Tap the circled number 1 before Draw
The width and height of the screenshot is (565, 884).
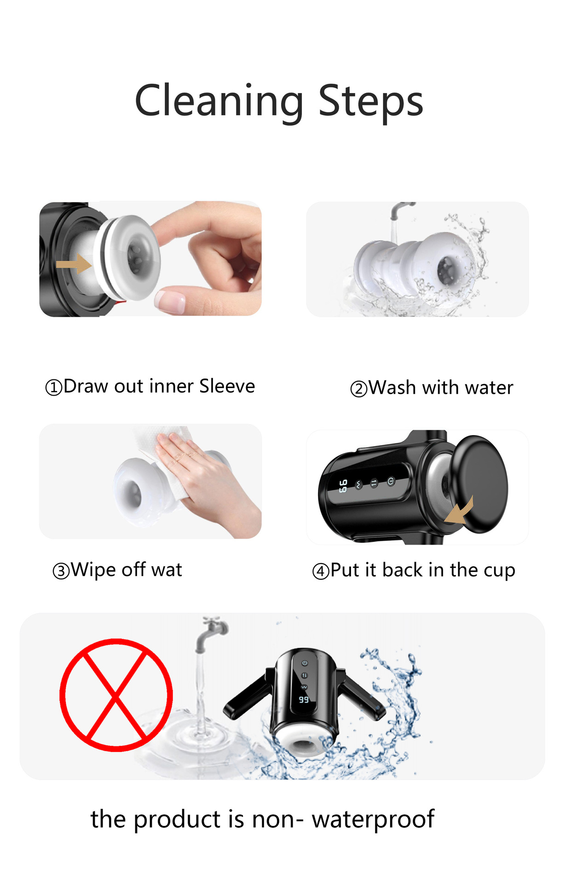pyautogui.click(x=53, y=387)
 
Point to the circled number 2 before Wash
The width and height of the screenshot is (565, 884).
pyautogui.click(x=359, y=389)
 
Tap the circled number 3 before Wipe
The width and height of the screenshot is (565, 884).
pyautogui.click(x=61, y=571)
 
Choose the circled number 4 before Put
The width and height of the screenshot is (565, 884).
pyautogui.click(x=321, y=571)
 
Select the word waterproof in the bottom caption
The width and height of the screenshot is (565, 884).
pyautogui.click(x=373, y=819)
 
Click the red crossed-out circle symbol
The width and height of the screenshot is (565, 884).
pyautogui.click(x=116, y=695)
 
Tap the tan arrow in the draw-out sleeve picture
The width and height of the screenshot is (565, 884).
pyautogui.click(x=74, y=264)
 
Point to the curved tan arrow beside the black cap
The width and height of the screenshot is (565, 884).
pyautogui.click(x=460, y=511)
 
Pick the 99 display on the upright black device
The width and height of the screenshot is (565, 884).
pyautogui.click(x=304, y=700)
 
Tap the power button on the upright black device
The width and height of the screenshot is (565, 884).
pyautogui.click(x=305, y=663)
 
